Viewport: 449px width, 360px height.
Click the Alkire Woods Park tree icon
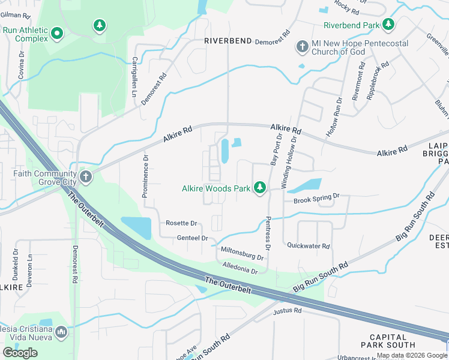coord(260,188)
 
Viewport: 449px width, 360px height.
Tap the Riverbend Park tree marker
coord(389,25)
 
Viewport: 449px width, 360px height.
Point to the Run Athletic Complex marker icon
coord(58,33)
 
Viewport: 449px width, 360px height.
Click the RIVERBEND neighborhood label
coord(228,41)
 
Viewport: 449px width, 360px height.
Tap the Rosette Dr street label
coord(181,223)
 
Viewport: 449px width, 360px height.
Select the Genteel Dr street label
coord(192,238)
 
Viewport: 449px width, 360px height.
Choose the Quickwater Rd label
coord(309,246)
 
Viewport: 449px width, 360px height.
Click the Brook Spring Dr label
coord(317,196)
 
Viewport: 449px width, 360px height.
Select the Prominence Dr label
coord(146,176)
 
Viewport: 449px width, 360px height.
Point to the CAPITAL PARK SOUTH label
coord(388,341)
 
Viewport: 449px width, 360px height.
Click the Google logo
coord(20,353)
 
